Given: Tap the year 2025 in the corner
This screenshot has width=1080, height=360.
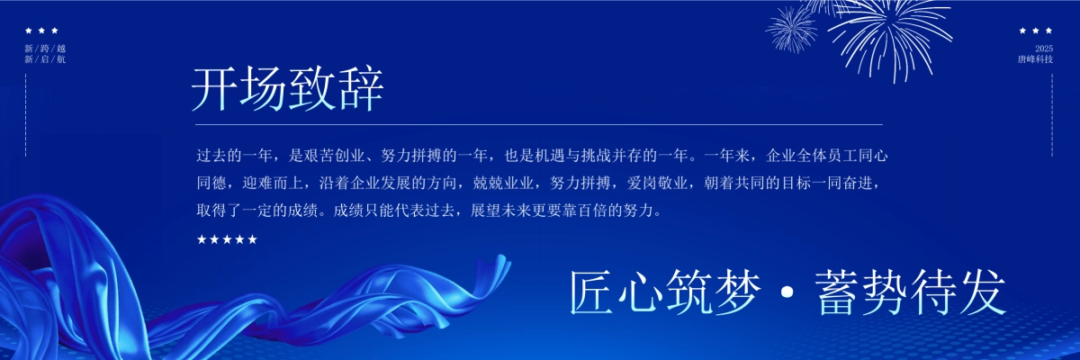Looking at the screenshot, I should [x=1043, y=48].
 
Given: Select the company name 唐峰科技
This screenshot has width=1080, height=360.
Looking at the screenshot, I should [x=1035, y=59].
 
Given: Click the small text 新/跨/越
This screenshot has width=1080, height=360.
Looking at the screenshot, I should [x=45, y=48].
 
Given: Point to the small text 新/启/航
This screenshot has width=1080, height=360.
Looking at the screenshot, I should [x=45, y=59].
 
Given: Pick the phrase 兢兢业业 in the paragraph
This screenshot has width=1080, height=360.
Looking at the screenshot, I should [x=504, y=184].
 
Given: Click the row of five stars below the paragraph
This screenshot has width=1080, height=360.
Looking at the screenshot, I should [x=227, y=239].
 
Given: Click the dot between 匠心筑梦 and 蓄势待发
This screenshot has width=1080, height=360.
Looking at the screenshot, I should [x=787, y=293].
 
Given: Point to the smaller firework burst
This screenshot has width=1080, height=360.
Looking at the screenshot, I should [x=792, y=30].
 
